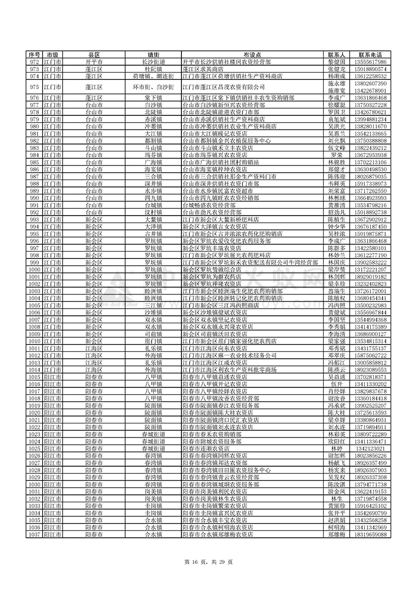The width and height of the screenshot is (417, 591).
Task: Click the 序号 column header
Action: pos(34,55)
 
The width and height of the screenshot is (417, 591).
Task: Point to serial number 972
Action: pos(34,62)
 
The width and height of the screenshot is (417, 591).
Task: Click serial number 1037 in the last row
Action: pos(34,535)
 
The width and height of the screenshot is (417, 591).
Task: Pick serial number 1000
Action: pos(34,269)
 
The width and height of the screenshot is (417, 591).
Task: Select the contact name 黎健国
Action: pos(337,62)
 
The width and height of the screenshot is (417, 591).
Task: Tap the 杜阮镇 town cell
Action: pos(154,68)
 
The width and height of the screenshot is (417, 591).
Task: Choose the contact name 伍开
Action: pos(337,384)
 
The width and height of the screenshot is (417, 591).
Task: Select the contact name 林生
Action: pos(337,499)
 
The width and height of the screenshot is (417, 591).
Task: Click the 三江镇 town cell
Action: pos(154,305)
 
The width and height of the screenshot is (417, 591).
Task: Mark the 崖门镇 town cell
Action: pos(154,341)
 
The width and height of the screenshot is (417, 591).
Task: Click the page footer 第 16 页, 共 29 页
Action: pos(208,562)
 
